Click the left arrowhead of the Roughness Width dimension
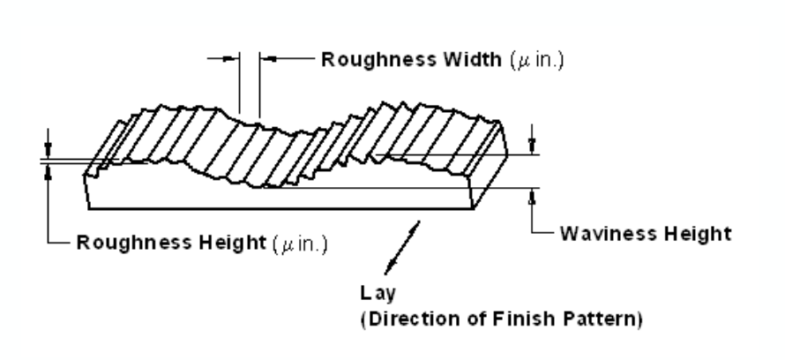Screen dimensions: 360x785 pyautogui.click(x=232, y=60)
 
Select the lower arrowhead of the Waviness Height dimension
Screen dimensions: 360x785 pyautogui.click(x=532, y=196)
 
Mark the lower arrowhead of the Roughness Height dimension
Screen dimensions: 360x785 pyautogui.click(x=49, y=171)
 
